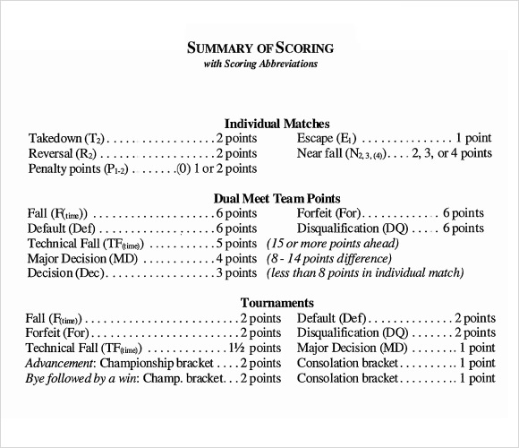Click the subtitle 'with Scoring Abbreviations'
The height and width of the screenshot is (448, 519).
259,65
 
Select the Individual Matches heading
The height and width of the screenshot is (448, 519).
277,123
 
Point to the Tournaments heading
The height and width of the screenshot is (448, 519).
277,303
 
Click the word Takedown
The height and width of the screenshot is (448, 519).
55,139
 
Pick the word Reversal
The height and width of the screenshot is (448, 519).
52,153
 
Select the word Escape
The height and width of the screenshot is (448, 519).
315,139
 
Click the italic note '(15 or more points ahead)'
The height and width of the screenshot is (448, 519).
336,244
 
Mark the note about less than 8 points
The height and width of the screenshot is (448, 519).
366,272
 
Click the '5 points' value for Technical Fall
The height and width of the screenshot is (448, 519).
237,244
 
